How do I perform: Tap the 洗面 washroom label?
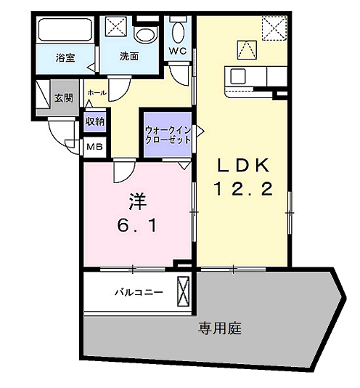(x=129, y=56)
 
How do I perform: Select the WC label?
(x=178, y=51)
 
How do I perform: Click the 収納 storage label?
(x=95, y=121)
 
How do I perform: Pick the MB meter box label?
(x=94, y=147)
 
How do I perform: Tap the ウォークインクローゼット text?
(x=168, y=134)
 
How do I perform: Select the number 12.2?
(x=242, y=190)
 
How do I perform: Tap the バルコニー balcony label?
(x=137, y=293)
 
